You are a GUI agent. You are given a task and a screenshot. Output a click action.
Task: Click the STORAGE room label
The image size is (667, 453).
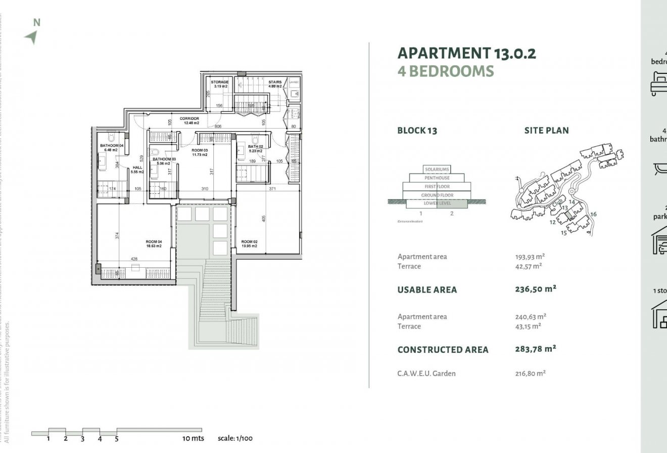point(220,82)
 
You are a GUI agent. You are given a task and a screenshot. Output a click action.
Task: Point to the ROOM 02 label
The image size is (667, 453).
point(250,241)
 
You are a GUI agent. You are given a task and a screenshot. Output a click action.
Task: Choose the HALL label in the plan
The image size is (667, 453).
point(137,168)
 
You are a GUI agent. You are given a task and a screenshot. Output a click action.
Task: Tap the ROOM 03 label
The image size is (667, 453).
point(200,151)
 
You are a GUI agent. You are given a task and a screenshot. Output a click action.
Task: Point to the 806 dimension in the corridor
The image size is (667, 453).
point(218,126)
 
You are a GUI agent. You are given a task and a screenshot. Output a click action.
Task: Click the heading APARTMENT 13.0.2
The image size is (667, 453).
point(466,53)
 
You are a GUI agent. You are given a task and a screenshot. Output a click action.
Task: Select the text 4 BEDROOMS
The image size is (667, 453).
point(445,71)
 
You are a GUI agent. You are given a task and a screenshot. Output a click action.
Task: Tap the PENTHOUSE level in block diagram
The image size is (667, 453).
point(437,178)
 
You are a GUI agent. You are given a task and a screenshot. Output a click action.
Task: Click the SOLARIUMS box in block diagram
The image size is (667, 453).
point(437,170)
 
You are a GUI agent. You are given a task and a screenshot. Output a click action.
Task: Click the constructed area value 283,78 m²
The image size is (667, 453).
point(536,348)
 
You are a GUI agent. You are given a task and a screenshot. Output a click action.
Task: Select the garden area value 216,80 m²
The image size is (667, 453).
point(530,374)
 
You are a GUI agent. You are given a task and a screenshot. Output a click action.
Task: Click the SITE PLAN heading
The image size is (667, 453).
point(546,131)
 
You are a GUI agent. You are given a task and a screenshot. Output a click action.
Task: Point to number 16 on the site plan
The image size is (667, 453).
point(593,214)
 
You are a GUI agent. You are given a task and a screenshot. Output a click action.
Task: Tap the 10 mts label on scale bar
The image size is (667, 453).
point(193,438)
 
